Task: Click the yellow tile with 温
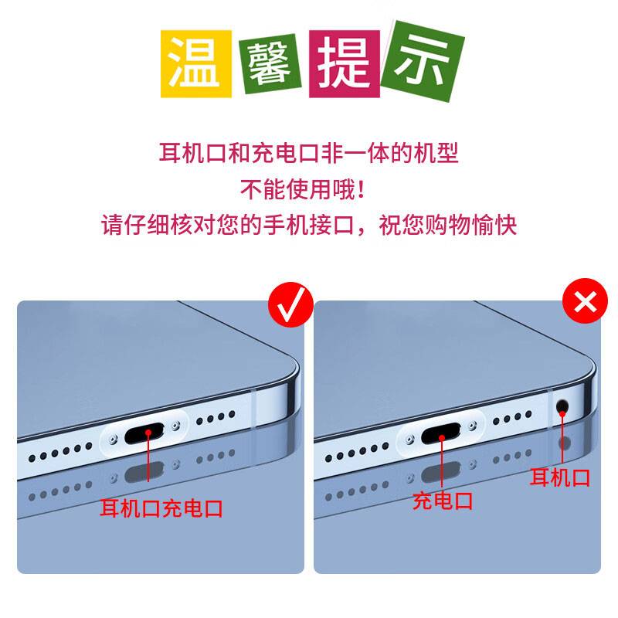(196, 63)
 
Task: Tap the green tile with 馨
(270, 64)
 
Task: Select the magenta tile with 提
(345, 64)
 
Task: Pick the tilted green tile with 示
(423, 61)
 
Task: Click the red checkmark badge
(291, 304)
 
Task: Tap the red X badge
(585, 301)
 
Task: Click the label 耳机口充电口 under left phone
(161, 508)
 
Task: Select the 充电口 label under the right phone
(443, 501)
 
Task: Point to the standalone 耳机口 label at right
(559, 477)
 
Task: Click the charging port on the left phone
(144, 433)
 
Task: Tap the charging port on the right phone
(441, 433)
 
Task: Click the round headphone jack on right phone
(562, 406)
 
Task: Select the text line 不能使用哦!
(303, 189)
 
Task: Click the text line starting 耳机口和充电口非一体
(308, 152)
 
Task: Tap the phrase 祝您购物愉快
(448, 225)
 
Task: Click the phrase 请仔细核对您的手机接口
(227, 225)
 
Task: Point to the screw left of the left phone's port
(114, 439)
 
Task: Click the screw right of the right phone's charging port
(472, 426)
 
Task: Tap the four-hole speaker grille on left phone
(216, 418)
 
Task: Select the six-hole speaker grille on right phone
(357, 452)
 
